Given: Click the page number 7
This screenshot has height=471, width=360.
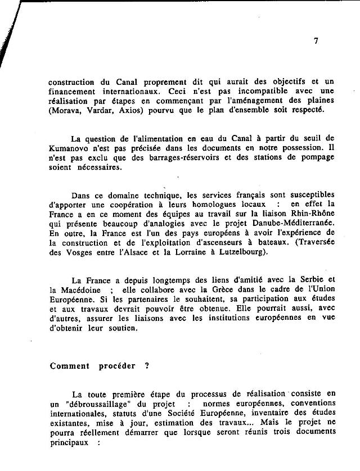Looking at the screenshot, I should pyautogui.click(x=316, y=40).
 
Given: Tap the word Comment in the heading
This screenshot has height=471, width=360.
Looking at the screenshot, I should pyautogui.click(x=70, y=366).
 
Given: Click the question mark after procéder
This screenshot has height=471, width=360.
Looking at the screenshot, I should pyautogui.click(x=147, y=366).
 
